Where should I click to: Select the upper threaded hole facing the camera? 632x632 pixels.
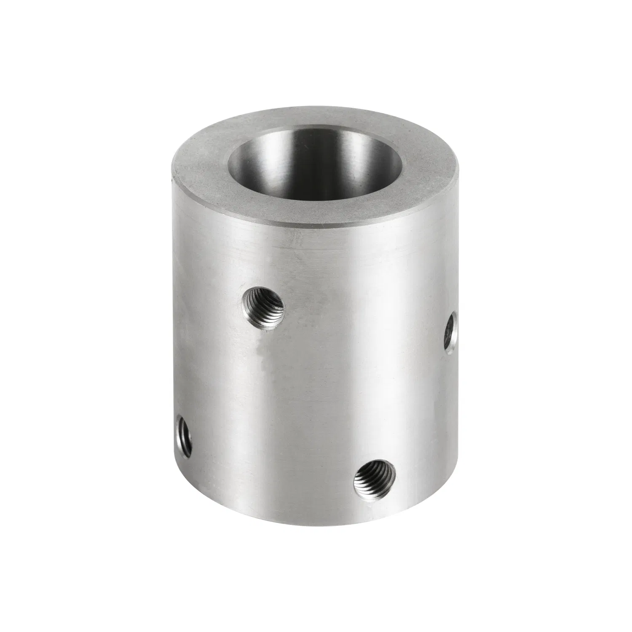pos(264,303)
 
